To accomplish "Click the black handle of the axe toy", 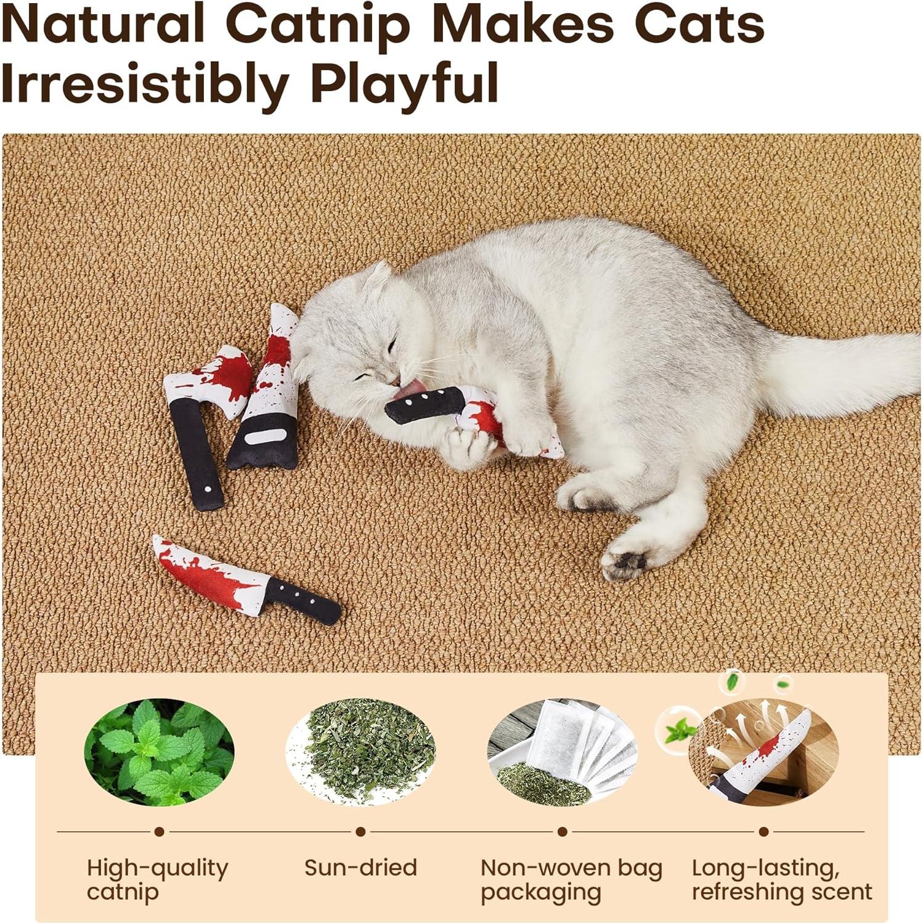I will tap(196, 456).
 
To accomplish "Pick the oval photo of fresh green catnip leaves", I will tap(159, 752).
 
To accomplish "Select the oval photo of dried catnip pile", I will tap(360, 752).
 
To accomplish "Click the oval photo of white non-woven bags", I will tap(562, 752).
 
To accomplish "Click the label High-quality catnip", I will tap(157, 879).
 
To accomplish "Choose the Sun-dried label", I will tap(360, 868).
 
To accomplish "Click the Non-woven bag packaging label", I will tap(571, 879).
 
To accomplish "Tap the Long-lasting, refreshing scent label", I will tap(781, 879).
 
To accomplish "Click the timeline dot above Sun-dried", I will tap(360, 832).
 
